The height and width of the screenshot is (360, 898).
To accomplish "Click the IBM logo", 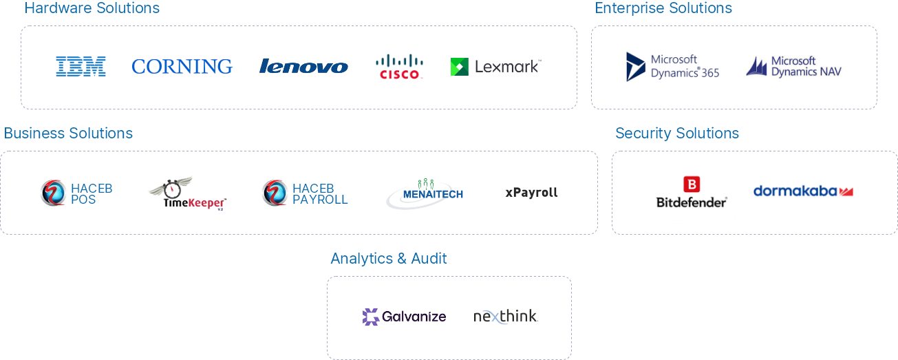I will click(x=81, y=67).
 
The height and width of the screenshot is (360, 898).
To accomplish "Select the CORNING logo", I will click(x=182, y=67).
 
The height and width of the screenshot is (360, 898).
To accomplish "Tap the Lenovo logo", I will click(x=303, y=67).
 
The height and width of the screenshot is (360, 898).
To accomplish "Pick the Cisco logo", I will click(x=399, y=67).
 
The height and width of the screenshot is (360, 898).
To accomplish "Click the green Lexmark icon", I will click(x=459, y=67).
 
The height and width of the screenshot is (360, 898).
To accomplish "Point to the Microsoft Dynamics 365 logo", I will click(x=672, y=67).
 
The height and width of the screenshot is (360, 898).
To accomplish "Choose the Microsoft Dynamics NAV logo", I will click(x=793, y=67).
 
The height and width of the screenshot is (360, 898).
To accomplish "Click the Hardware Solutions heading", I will click(x=92, y=8).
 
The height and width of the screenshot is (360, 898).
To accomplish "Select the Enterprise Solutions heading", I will click(x=663, y=8).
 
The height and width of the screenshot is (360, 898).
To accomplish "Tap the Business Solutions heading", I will click(x=69, y=133).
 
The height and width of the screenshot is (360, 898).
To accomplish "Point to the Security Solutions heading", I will click(x=677, y=133).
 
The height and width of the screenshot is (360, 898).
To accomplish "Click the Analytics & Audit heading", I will click(x=388, y=258).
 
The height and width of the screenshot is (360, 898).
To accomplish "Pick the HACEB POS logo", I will click(x=76, y=193).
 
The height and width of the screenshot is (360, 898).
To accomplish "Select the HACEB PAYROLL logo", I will click(x=305, y=193).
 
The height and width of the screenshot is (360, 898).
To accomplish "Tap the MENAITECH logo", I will click(x=424, y=193).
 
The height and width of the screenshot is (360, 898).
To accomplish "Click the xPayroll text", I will click(x=531, y=193).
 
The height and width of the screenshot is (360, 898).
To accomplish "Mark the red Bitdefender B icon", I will click(x=691, y=184).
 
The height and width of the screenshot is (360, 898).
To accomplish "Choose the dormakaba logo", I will click(x=803, y=191).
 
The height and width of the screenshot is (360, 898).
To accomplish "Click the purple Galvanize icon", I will click(x=371, y=317).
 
